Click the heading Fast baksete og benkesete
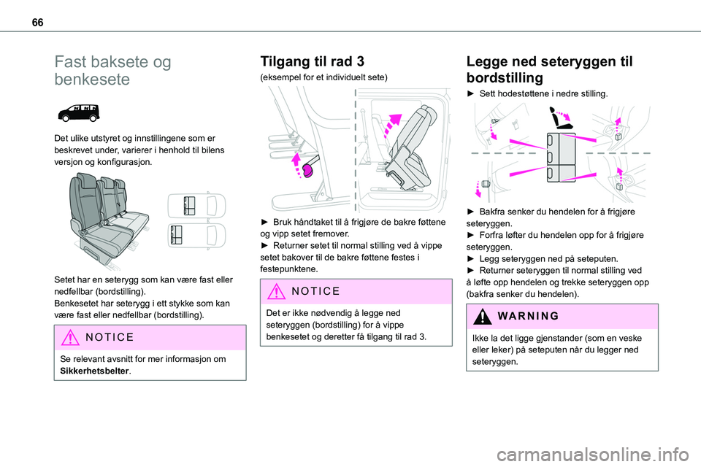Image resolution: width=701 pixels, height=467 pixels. coord(112,71)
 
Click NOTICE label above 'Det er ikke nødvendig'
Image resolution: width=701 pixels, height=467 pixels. coord(315,290)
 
